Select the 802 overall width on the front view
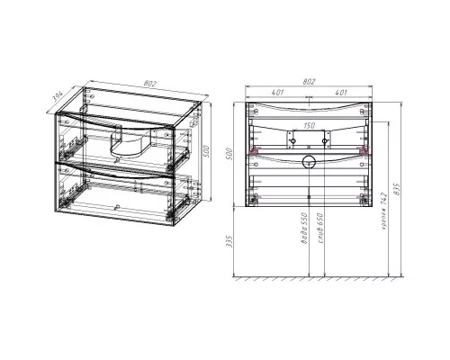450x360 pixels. tap(309, 82)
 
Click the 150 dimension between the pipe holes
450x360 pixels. tap(309, 127)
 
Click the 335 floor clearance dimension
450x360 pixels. tap(232, 243)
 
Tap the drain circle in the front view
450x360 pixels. tap(309, 164)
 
